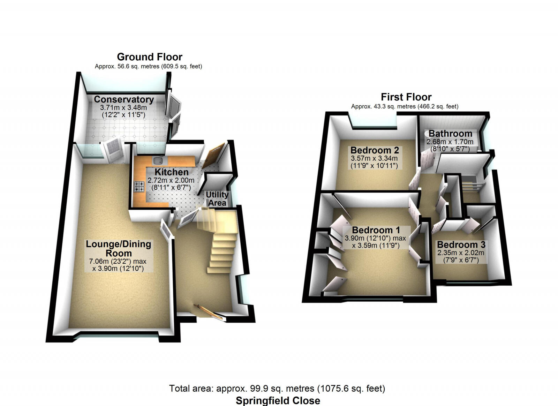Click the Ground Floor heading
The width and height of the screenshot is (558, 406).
tap(150, 57)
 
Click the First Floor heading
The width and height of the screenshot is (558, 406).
tap(406, 97)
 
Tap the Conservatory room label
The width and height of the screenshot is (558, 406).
tap(124, 99)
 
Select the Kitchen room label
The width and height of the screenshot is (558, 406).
tap(171, 172)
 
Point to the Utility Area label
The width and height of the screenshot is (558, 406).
tap(217, 199)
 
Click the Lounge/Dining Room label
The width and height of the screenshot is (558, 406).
tap(119, 249)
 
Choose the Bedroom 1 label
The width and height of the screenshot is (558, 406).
tap(376, 230)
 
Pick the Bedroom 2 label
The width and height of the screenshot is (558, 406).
tap(375, 150)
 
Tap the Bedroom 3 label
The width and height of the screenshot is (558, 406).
tap(461, 245)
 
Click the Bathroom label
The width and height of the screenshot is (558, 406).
tap(450, 134)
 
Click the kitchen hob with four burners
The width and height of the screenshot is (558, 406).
tap(139, 187)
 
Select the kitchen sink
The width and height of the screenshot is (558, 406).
tap(159, 161)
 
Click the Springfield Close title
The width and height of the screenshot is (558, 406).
tap(278, 400)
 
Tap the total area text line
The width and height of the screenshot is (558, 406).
tap(277, 388)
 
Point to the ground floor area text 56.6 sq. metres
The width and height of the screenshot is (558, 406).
tap(148, 66)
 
